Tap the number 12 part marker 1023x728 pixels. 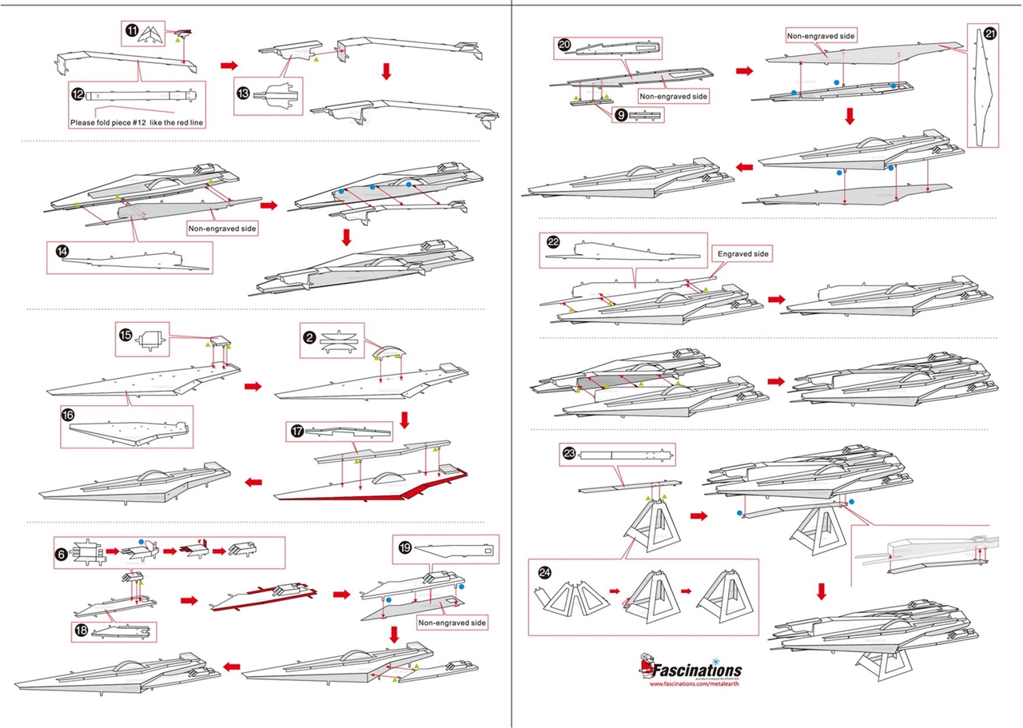click(x=78, y=93)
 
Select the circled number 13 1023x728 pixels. click(x=244, y=92)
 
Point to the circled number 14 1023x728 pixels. click(x=62, y=251)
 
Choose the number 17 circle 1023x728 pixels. click(x=297, y=432)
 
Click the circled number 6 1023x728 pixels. click(x=62, y=551)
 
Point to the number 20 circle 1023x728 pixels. click(x=564, y=46)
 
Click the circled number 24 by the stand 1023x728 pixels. click(x=544, y=572)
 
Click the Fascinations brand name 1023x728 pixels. click(x=697, y=670)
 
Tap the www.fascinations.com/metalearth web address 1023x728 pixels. click(x=694, y=684)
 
